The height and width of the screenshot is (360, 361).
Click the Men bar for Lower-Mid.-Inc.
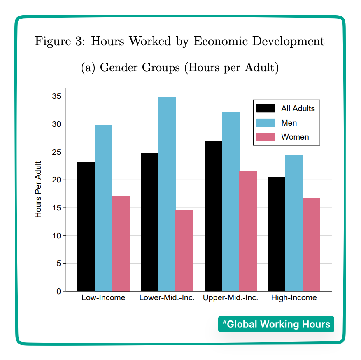pos(167,194)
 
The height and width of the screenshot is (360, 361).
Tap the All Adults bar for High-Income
pos(276,234)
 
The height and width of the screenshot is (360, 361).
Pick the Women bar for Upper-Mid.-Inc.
pos(248,231)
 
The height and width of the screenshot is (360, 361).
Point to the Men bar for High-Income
pos(294,223)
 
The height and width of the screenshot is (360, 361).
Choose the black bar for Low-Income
pos(86,227)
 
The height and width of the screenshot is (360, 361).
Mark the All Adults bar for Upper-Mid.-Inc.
pos(213,216)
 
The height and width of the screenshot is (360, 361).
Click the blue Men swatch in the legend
pos(266,123)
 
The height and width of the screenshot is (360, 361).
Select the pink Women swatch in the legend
pos(266,137)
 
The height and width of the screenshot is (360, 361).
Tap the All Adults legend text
pos(298,109)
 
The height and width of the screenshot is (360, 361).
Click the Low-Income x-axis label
pos(103,297)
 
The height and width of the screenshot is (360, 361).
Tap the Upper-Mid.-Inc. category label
pos(231,297)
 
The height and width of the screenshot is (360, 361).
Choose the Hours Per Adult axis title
pos(39,189)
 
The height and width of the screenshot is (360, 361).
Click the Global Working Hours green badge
pos(276,324)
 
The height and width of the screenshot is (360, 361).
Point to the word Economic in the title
pos(220,42)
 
